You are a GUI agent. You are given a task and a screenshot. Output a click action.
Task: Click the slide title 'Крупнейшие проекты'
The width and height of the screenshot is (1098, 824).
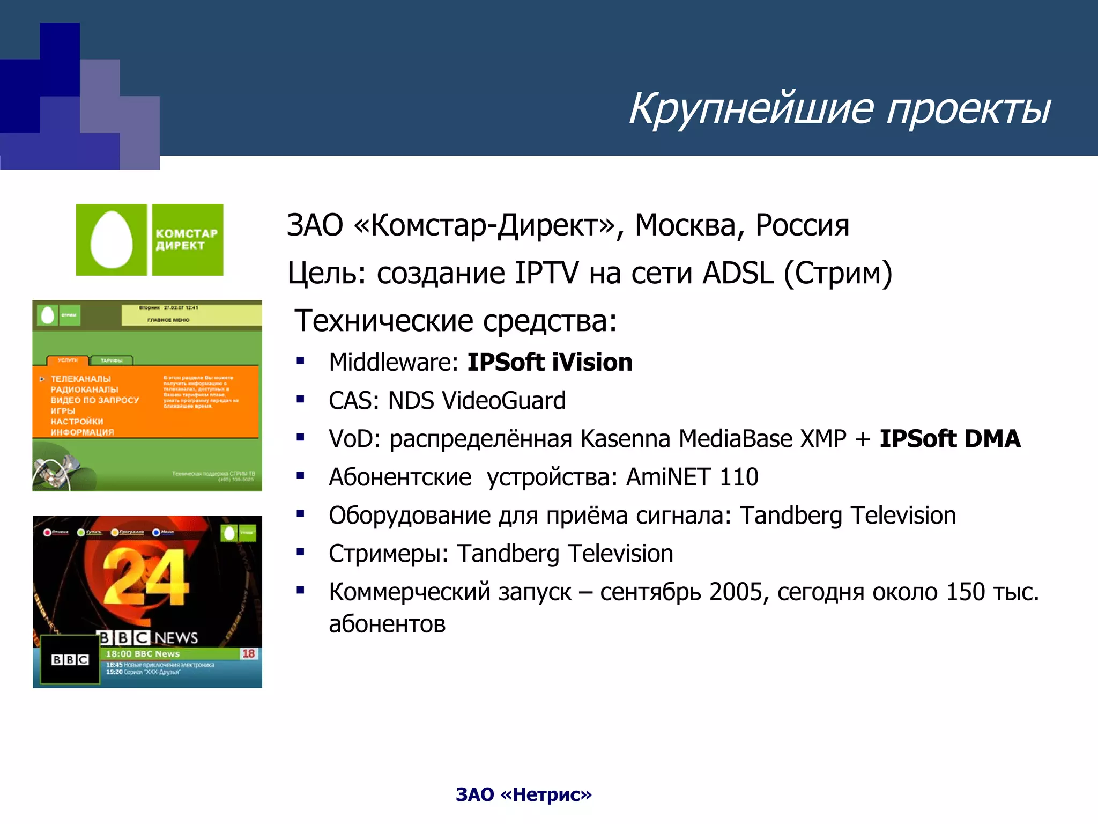(839, 109)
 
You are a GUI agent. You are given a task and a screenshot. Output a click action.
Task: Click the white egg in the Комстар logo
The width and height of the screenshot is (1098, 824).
(112, 240)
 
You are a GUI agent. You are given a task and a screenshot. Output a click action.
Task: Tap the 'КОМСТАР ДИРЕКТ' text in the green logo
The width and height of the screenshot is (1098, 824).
(186, 240)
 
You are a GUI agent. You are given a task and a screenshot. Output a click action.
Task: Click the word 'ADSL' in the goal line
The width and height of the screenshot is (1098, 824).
(738, 273)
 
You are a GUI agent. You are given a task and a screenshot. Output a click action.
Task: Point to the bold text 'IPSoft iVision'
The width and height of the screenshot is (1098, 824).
(550, 363)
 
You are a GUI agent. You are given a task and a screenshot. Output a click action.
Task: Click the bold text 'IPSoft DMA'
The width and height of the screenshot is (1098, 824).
(949, 439)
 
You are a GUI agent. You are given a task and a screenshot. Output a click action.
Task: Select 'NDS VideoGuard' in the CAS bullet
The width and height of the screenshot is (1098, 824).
(477, 401)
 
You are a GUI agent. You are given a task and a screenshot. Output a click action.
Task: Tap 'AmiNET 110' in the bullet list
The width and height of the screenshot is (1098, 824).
(692, 477)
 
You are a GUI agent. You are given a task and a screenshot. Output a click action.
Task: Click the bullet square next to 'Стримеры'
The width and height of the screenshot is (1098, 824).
(301, 551)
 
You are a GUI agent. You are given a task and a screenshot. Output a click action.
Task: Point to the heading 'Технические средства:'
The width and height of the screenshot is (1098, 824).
(456, 321)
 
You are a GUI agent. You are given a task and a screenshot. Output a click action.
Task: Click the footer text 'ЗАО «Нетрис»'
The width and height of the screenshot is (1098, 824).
(523, 794)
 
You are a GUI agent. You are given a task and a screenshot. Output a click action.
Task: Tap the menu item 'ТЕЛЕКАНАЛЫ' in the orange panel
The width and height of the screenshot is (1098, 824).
(80, 379)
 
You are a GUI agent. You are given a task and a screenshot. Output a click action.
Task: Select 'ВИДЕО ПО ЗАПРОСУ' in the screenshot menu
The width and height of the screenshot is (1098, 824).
(95, 400)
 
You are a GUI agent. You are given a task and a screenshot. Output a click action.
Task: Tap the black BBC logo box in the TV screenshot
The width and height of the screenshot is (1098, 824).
(70, 660)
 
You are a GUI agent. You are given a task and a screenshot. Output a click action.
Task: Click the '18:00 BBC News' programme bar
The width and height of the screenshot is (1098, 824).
(143, 654)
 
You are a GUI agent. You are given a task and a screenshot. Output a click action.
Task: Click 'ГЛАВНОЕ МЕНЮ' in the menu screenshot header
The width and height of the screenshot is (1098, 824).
(168, 320)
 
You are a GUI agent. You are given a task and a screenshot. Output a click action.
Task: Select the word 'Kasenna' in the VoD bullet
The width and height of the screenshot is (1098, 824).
(626, 439)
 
